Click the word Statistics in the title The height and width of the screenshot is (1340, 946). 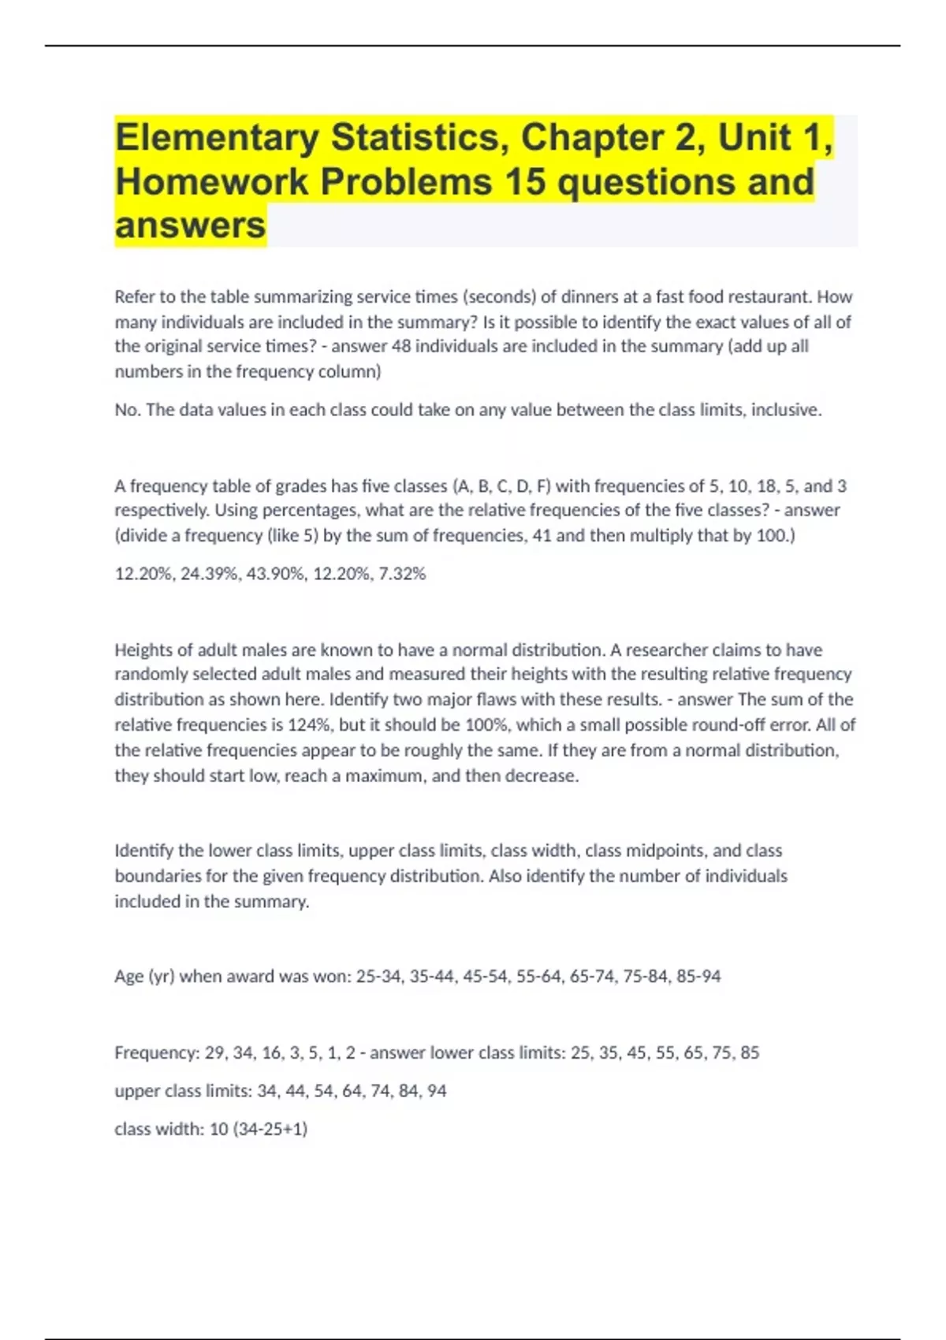(x=415, y=138)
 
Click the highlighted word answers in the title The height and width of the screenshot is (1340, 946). (x=190, y=226)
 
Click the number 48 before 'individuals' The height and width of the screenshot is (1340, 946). (x=401, y=347)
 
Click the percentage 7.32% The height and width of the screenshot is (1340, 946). (x=402, y=575)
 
